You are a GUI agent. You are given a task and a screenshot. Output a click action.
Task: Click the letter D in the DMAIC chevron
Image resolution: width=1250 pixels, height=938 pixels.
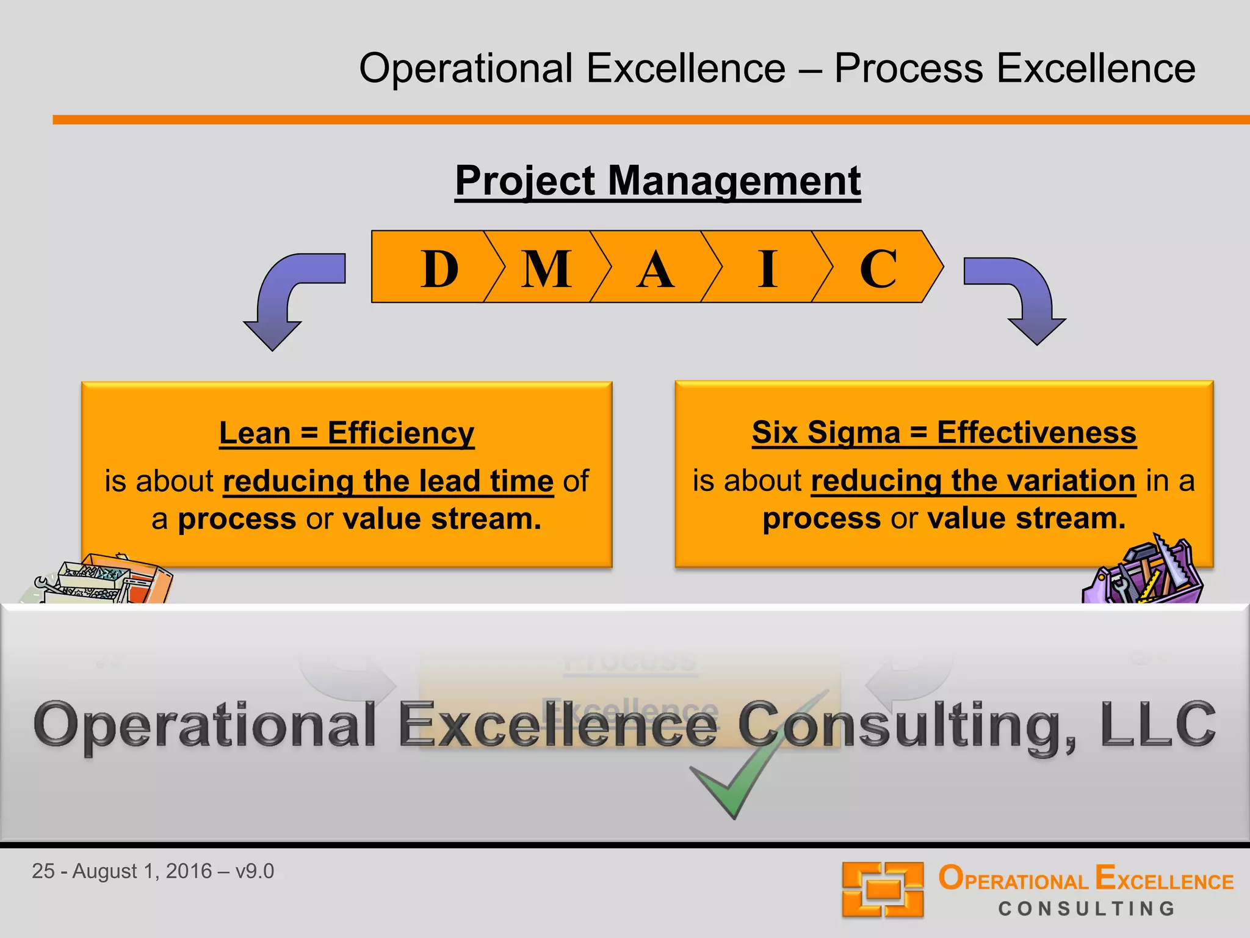[x=439, y=269]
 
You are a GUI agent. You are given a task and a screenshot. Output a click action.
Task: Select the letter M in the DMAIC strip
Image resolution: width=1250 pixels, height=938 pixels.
[x=546, y=269]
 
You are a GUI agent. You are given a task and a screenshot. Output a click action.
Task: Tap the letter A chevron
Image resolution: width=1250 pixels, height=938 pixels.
[x=655, y=269]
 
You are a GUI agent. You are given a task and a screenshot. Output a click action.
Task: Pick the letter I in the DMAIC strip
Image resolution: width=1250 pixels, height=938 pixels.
[x=768, y=269]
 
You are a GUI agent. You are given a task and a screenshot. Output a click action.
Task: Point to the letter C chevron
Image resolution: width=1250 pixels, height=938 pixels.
[x=878, y=269]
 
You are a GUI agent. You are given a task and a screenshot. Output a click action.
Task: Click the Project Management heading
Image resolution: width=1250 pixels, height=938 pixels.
[x=657, y=181]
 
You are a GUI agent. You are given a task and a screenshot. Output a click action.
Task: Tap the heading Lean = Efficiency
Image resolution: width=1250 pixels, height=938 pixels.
[x=347, y=434]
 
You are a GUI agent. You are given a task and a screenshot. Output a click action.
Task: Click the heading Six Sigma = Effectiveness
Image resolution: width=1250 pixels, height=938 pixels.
[x=944, y=432]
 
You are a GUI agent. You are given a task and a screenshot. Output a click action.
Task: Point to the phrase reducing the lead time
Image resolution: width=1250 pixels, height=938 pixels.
[x=388, y=481]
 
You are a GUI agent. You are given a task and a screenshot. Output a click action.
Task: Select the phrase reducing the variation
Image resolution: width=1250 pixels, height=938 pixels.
[x=973, y=481]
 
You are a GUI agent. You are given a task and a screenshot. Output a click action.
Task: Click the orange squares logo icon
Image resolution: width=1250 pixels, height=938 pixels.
[x=882, y=889]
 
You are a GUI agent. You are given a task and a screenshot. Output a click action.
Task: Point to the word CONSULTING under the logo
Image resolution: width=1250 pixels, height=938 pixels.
[x=1086, y=909]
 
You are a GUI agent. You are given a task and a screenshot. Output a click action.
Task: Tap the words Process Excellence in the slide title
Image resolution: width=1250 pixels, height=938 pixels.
[x=1014, y=68]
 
